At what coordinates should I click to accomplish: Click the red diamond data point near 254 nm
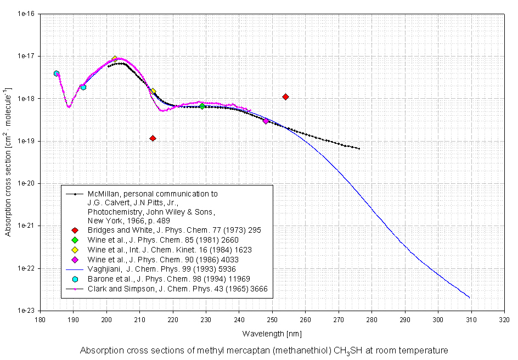(x=285, y=97)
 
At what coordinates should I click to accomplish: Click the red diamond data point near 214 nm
(x=153, y=138)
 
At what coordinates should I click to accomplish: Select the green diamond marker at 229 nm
(x=202, y=106)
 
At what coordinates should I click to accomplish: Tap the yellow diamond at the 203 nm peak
(x=115, y=59)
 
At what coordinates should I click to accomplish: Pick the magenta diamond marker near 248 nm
(x=266, y=121)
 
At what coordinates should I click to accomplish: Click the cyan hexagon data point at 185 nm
(x=57, y=74)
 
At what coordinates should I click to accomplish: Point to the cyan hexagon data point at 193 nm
(x=83, y=87)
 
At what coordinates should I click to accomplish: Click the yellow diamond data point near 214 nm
(x=153, y=91)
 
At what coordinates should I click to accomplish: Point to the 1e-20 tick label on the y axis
(x=25, y=184)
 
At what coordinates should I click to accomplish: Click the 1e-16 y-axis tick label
(x=25, y=14)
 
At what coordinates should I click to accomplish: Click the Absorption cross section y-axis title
(x=8, y=162)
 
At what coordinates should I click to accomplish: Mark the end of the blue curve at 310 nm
(x=470, y=298)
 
